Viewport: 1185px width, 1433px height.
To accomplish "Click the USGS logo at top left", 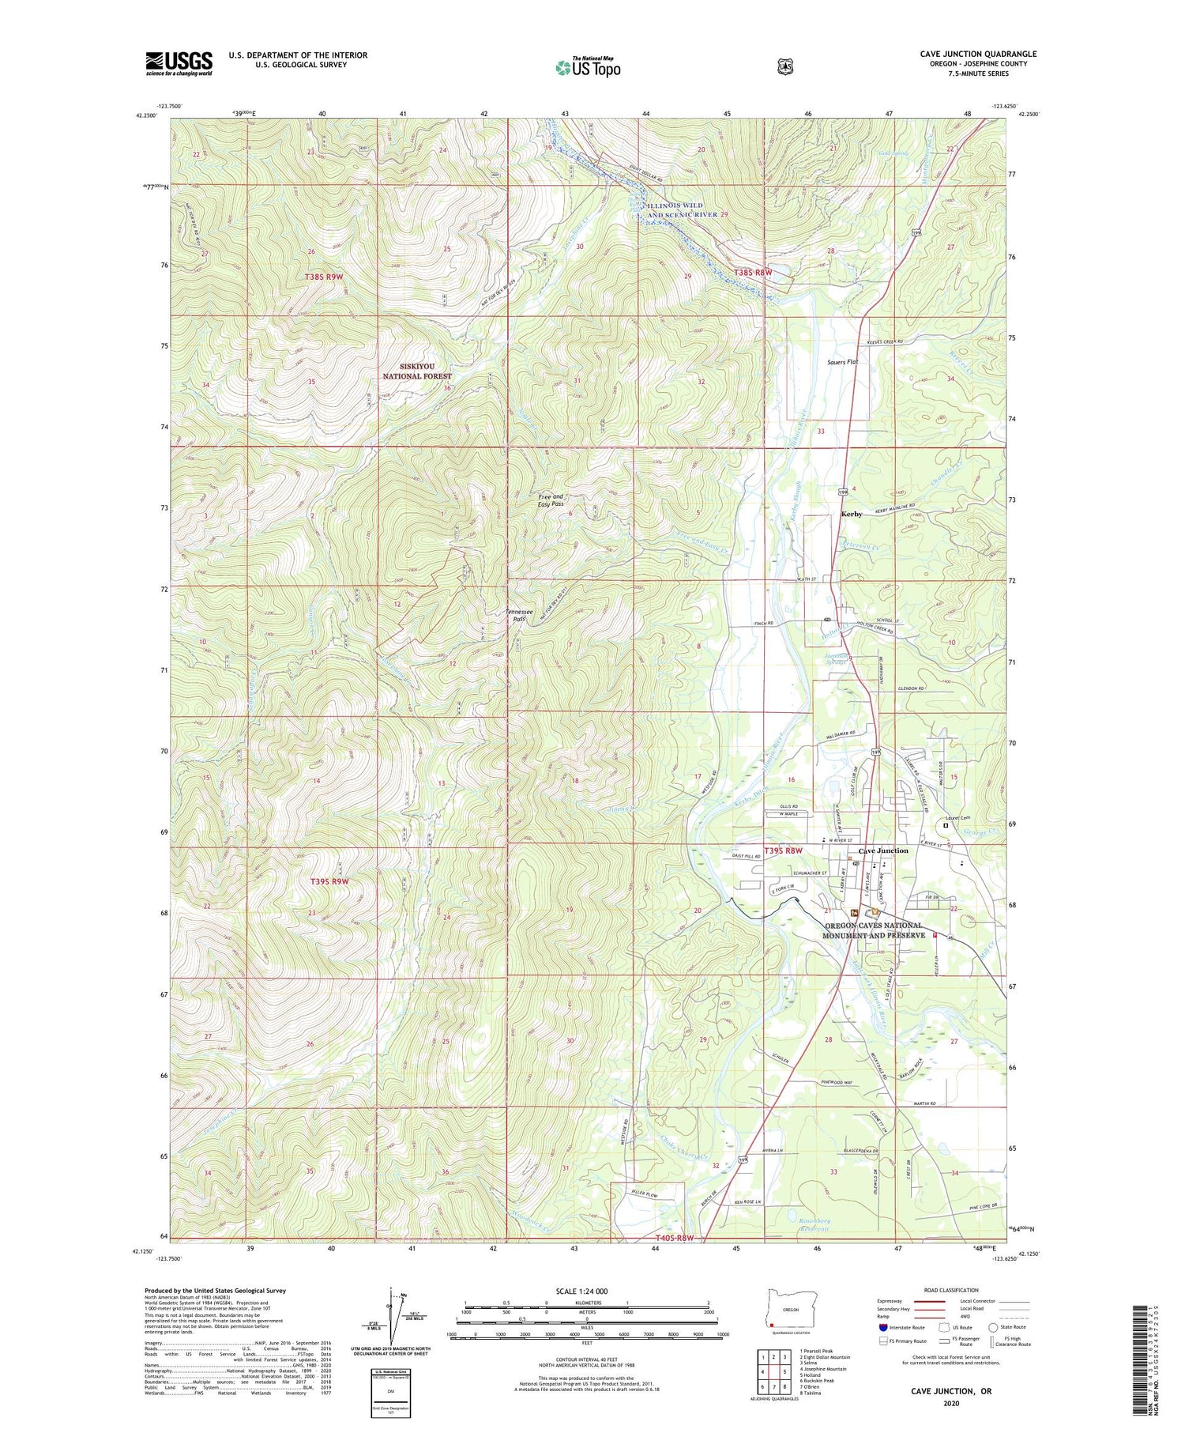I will [x=179, y=63].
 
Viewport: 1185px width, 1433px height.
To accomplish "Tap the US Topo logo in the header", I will [x=588, y=67].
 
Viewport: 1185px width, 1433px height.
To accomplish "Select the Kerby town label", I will [x=852, y=514].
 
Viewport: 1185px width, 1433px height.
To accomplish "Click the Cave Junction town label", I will [x=883, y=850].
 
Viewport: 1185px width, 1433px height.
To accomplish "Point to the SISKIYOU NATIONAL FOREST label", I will [x=416, y=371].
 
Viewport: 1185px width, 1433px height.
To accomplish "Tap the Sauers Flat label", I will [x=842, y=362].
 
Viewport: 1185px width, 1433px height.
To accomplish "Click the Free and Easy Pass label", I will [x=551, y=500].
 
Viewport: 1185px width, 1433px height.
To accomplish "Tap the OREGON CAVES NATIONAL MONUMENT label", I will [x=873, y=930].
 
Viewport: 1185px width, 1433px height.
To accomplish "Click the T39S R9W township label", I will [x=329, y=881].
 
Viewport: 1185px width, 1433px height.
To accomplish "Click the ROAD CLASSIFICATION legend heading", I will [x=956, y=1290].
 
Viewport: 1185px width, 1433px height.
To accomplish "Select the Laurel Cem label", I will [x=958, y=818].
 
